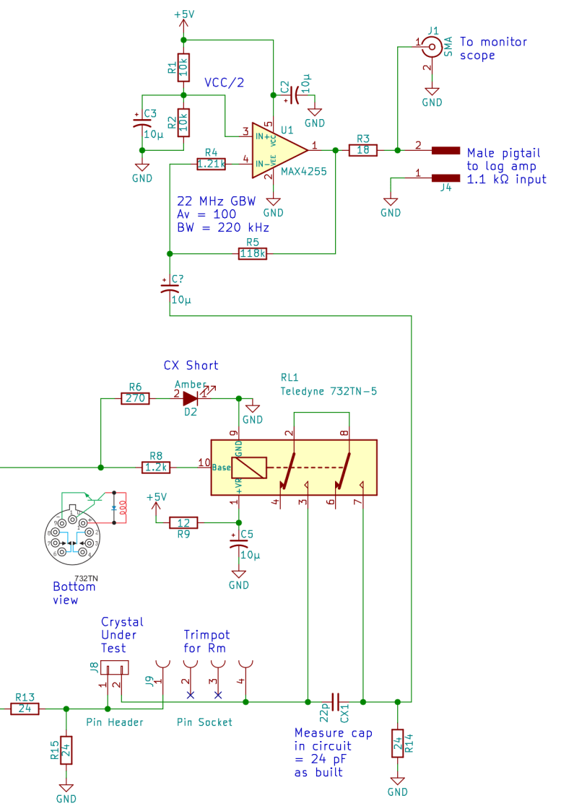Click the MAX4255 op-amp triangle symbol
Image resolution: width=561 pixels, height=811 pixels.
coord(278,150)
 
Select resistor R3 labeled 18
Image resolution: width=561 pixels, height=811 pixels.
coord(363,150)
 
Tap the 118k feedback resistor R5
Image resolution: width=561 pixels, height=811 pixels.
coord(252,253)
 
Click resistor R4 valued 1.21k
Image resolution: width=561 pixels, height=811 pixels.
coord(211,165)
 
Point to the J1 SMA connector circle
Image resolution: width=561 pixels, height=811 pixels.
coord(432,47)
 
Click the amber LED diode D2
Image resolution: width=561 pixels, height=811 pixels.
coord(190,398)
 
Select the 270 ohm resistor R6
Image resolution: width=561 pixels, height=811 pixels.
coord(135,398)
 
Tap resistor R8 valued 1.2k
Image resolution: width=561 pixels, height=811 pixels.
coord(156,467)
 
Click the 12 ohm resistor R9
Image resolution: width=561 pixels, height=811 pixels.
coord(183,522)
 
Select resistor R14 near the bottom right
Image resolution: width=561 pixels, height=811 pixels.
coord(396,742)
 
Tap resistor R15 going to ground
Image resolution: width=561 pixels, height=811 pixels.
coord(66,749)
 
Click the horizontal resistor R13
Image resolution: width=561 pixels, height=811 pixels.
coord(25,709)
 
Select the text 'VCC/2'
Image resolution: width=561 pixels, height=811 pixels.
coord(225,82)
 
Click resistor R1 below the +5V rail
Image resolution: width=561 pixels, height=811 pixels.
coord(183,67)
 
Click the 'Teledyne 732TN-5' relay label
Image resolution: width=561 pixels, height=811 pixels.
coord(329,391)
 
